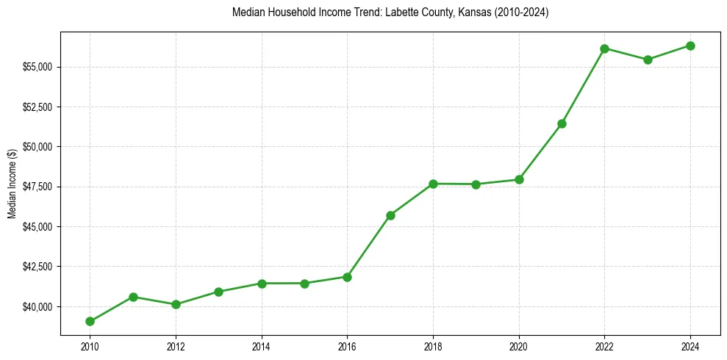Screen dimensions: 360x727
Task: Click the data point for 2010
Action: point(90,321)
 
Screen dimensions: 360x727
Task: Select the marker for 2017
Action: point(390,215)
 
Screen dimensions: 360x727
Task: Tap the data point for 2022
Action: point(604,48)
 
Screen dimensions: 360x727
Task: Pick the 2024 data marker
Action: point(690,46)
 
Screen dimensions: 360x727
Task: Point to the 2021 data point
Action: point(562,123)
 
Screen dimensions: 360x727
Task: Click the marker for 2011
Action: point(133,297)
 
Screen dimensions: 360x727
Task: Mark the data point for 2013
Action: point(218,292)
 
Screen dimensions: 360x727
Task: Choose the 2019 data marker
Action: point(476,184)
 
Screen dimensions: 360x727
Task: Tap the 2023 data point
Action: point(648,60)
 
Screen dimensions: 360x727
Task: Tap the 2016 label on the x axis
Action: point(347,346)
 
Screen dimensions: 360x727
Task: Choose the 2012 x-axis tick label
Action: point(176,346)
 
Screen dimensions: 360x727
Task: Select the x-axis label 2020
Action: point(519,346)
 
